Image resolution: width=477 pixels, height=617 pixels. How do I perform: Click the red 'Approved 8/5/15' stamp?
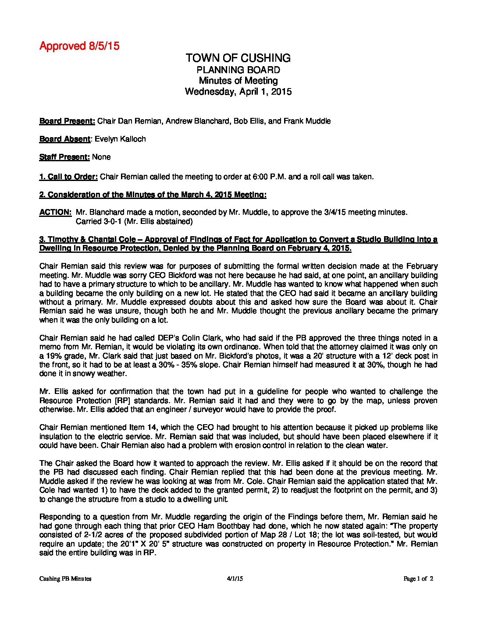click(x=79, y=46)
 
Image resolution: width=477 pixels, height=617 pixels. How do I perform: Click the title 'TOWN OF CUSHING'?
click(x=238, y=58)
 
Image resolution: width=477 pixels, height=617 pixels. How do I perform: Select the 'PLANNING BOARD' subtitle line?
click(x=238, y=70)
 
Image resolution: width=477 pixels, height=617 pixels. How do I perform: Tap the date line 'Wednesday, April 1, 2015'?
click(x=238, y=92)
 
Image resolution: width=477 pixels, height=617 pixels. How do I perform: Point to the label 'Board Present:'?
click(x=67, y=121)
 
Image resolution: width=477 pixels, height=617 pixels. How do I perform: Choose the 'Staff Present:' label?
click(x=64, y=157)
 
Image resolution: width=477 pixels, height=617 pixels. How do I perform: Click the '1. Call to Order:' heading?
click(x=68, y=177)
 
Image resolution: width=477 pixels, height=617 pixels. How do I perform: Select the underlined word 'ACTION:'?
click(x=55, y=212)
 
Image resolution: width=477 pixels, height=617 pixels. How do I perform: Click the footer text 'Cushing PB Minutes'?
click(x=65, y=578)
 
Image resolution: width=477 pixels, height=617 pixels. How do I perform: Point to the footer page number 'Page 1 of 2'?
click(x=418, y=578)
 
